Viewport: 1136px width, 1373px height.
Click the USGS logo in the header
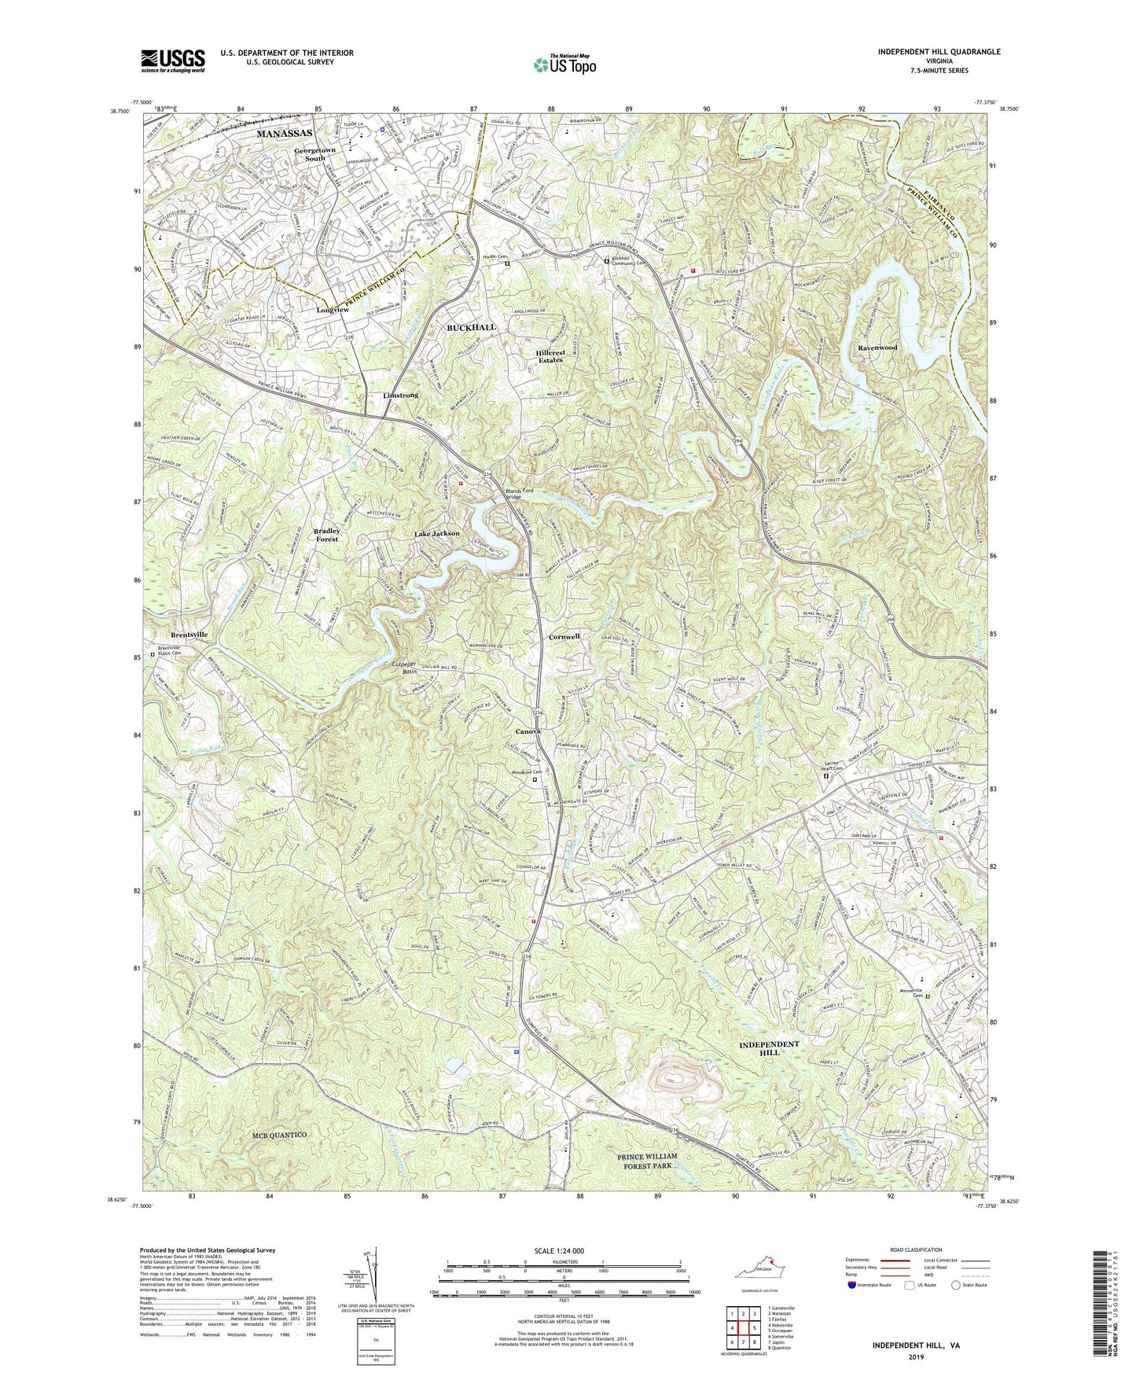click(172, 61)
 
